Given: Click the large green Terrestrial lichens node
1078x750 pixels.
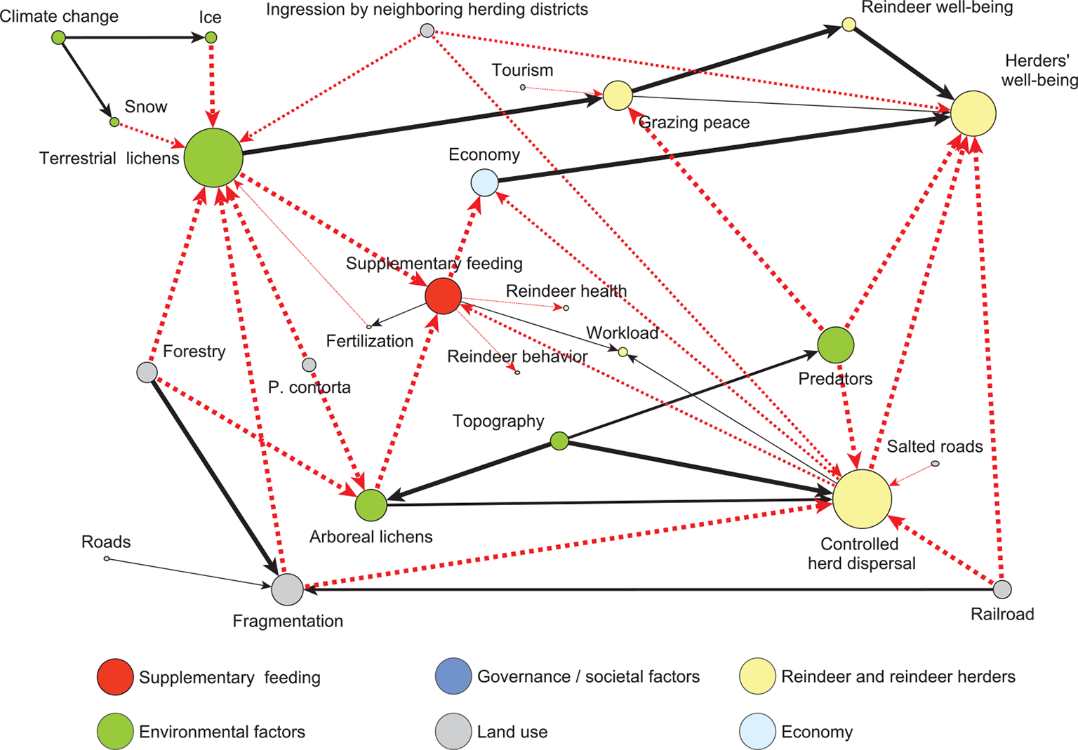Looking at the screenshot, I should tap(213, 158).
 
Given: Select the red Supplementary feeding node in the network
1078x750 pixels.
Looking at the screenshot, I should tap(444, 295).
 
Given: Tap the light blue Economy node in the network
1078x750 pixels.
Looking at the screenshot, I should tap(484, 183).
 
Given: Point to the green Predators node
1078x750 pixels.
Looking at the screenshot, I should tap(836, 345).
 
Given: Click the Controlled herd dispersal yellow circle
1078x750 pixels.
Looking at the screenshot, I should tap(862, 499).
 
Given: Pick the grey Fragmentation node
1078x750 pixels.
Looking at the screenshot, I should tap(288, 589).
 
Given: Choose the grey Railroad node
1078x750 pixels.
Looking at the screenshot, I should tap(1002, 589).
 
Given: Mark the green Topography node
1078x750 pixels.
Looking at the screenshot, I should tap(559, 441).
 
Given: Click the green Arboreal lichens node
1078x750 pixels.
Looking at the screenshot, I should tap(371, 505).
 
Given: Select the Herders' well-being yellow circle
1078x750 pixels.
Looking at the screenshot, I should tap(973, 113).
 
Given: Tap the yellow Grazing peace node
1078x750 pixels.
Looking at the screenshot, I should tap(618, 95).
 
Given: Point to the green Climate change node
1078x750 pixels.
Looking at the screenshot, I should tap(59, 37).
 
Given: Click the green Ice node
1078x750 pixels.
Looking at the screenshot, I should tap(211, 37).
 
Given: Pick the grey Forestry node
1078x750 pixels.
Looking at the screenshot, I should tap(147, 372).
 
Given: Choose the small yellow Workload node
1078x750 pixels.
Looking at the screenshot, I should tap(623, 351).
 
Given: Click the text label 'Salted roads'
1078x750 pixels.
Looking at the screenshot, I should tap(934, 447).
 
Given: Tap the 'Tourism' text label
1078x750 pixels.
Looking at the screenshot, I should tap(522, 70).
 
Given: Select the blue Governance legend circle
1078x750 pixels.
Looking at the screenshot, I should tap(453, 676).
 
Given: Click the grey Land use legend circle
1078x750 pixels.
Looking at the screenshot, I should tap(453, 732).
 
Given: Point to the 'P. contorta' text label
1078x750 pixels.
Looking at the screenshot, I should tap(310, 387).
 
